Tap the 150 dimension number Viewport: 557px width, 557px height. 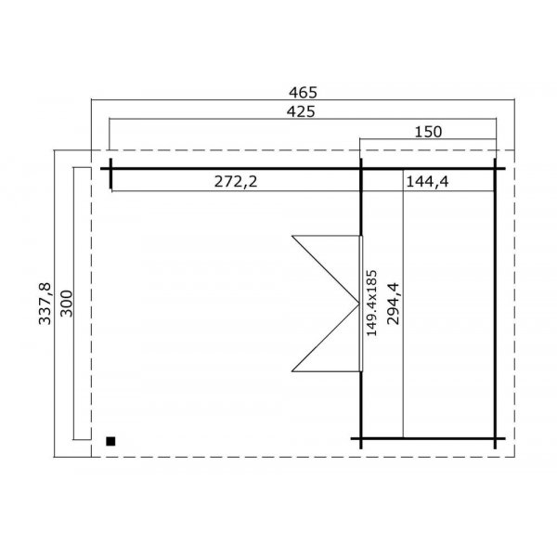[x=427, y=132]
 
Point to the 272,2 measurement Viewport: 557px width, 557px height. [x=236, y=182]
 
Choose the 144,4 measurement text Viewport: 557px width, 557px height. [x=427, y=182]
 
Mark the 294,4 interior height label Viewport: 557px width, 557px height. [x=393, y=302]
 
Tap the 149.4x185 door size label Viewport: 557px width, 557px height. [x=371, y=302]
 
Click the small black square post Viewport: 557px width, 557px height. [x=111, y=441]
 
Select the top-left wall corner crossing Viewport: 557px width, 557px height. [x=110, y=168]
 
